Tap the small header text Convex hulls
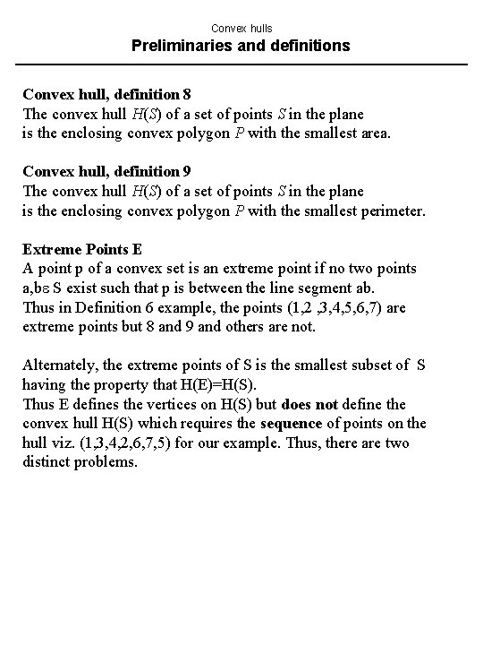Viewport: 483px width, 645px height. coord(241,27)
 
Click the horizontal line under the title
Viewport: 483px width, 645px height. coord(241,64)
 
